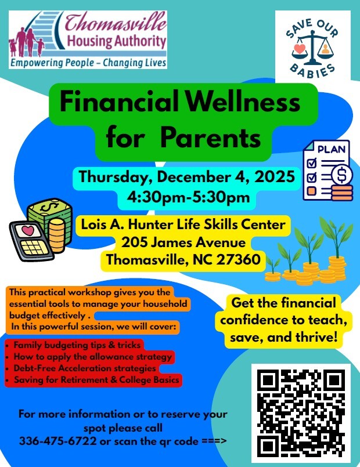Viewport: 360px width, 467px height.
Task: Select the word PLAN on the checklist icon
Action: (x=331, y=149)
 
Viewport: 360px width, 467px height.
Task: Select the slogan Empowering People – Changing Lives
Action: (x=88, y=62)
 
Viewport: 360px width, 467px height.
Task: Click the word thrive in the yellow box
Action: (x=316, y=336)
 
